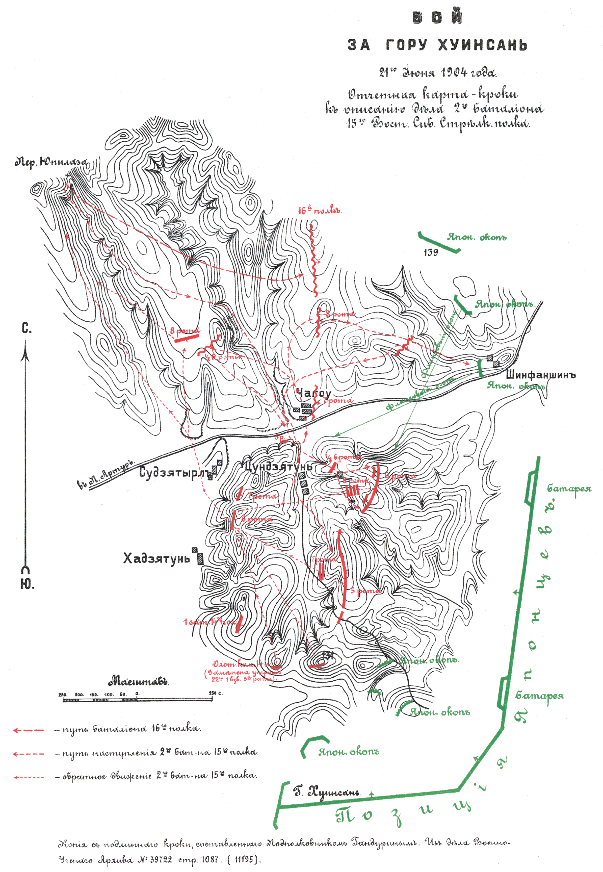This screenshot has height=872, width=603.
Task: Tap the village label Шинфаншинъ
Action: click(540, 375)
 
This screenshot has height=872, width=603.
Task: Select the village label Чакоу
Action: click(313, 393)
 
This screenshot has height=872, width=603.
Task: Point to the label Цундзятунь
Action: click(278, 467)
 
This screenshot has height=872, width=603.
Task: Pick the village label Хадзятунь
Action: click(156, 558)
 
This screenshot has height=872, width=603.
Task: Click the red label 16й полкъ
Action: click(320, 211)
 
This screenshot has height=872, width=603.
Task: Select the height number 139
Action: click(431, 252)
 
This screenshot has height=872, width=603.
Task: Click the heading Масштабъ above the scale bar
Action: click(138, 682)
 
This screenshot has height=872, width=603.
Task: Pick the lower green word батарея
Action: click(540, 696)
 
